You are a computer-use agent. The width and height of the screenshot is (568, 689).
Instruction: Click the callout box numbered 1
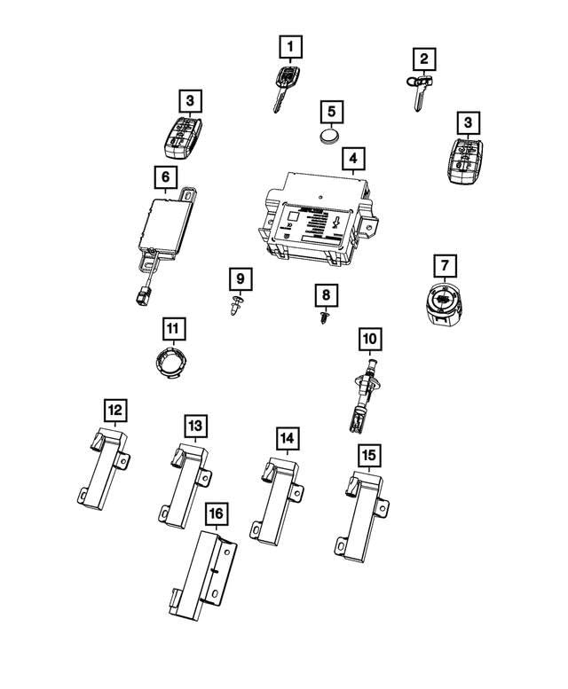[290, 43]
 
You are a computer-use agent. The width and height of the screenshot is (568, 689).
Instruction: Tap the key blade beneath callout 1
[281, 100]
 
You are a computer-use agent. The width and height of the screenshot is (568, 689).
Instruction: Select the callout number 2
[425, 59]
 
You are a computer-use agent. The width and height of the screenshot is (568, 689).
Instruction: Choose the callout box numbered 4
[352, 161]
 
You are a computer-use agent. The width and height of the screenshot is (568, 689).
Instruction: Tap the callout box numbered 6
[165, 177]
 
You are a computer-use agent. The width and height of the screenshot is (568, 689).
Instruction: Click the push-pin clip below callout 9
[236, 308]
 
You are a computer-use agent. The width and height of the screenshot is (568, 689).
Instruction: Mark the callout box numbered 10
[369, 338]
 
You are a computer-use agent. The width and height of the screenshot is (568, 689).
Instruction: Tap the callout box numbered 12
[115, 410]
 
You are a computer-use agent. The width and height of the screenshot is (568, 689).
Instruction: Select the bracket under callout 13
[186, 483]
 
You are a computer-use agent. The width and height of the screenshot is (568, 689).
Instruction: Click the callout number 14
[286, 437]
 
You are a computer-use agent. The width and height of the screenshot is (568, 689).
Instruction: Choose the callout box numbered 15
[368, 454]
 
